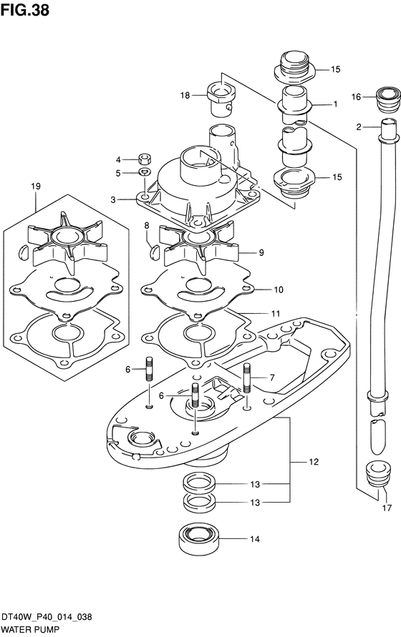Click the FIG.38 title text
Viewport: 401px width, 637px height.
(25, 10)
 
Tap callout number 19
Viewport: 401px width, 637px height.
(36, 187)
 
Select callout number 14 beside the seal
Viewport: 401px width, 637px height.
(254, 539)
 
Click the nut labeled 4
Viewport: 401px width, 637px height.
(144, 157)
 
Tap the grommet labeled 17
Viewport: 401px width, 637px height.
(374, 473)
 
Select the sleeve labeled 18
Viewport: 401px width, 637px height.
(221, 97)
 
